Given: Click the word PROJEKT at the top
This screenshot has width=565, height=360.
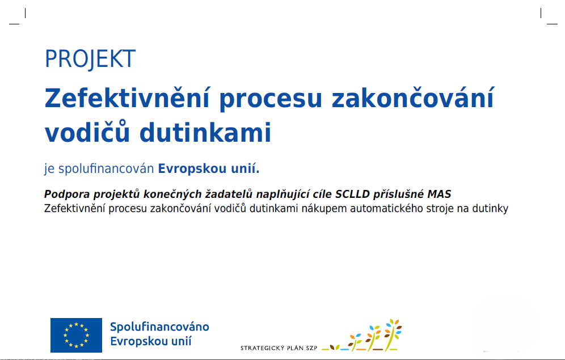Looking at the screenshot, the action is click(90, 59).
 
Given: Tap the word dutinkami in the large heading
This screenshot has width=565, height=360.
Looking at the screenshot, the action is click(205, 133).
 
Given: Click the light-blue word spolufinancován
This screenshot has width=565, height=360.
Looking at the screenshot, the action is click(106, 168).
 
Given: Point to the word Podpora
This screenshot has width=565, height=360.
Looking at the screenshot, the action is click(67, 194).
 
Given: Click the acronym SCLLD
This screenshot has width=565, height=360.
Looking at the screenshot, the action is click(352, 194).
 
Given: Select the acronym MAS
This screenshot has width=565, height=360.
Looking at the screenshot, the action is click(439, 194).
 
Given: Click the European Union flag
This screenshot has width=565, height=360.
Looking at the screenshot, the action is click(76, 335).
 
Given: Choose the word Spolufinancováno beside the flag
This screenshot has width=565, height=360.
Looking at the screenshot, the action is click(159, 327).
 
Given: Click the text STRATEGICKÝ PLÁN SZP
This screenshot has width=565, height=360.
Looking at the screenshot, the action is click(279, 348).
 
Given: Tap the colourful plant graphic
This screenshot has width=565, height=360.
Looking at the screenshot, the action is click(362, 335).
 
